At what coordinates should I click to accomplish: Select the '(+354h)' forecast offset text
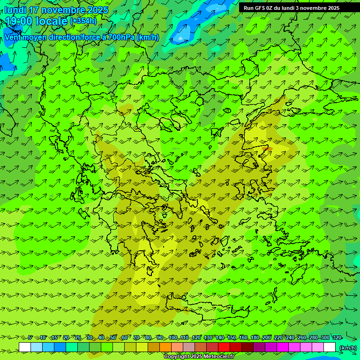pos(83,21)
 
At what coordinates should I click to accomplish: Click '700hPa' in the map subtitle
pos(121,37)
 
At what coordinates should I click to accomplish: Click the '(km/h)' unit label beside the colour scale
pos(348,347)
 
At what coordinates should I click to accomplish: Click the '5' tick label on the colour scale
pos(30,337)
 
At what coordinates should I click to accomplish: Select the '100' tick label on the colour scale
pos(173,337)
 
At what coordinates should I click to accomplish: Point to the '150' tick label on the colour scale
pos(232,337)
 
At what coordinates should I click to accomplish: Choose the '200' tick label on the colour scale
pos(267,337)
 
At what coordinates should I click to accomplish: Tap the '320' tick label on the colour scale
pos(337,337)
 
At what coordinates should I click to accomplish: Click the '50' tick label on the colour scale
pos(113,337)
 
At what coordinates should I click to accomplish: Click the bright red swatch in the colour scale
pos(224,347)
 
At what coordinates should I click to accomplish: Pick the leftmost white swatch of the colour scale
pos(25,347)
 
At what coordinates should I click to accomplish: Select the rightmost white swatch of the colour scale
pos(330,347)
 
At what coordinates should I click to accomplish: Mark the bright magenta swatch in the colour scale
pos(283,347)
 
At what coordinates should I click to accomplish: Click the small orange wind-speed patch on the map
pos(269,149)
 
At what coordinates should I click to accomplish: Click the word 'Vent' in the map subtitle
pos(13,37)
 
